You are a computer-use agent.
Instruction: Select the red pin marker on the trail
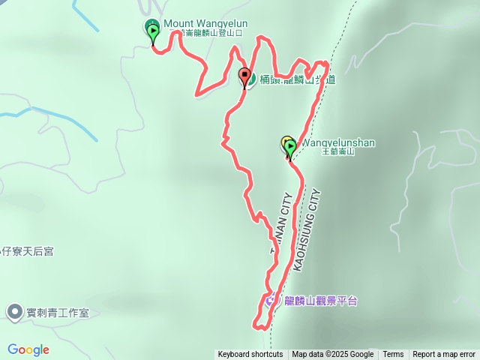click(x=244, y=76)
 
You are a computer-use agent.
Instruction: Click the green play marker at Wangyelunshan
click(x=290, y=148)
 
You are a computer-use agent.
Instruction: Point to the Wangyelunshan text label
click(x=337, y=142)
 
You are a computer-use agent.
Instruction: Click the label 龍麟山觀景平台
click(x=321, y=301)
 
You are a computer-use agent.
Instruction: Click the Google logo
click(x=28, y=349)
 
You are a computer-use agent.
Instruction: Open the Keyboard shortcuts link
click(x=250, y=355)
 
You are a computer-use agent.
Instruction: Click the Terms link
click(x=393, y=355)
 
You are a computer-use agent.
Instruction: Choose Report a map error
click(x=444, y=355)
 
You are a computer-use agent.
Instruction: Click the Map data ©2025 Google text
click(x=332, y=355)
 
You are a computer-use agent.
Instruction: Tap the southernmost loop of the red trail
click(x=260, y=321)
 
